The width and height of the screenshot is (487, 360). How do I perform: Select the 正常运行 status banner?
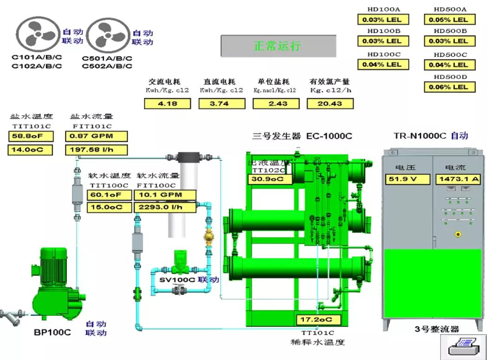[278, 46]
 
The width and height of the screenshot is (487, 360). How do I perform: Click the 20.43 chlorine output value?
[329, 104]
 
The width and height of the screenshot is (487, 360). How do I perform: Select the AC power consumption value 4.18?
[168, 104]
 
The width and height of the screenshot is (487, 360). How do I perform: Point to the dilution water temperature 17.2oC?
[318, 320]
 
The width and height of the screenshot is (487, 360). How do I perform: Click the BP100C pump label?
[53, 332]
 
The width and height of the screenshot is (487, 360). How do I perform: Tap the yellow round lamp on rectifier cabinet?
[458, 234]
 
